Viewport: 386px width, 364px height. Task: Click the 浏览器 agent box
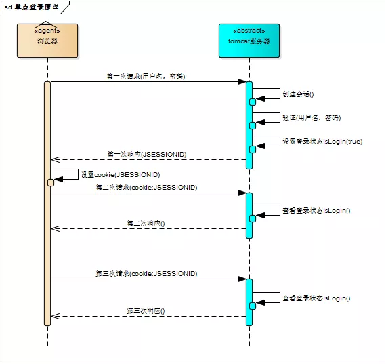[x=47, y=40]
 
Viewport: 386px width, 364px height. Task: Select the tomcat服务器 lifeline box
[x=249, y=40]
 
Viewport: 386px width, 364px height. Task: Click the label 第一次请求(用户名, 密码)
[x=146, y=77]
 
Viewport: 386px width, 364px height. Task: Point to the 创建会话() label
[x=298, y=94]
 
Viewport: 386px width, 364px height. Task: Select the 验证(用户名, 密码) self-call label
[x=311, y=117]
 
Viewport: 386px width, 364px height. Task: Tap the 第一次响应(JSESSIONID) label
[x=146, y=155]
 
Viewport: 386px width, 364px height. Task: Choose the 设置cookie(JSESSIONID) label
[x=121, y=174]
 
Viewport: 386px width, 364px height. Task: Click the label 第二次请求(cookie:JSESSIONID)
[x=146, y=187]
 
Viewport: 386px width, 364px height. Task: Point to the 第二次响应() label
[x=146, y=223]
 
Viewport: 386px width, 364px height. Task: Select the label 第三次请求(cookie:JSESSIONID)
[x=146, y=273]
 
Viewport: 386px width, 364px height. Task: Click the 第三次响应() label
[x=146, y=310]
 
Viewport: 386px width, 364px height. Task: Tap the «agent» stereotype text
[x=47, y=31]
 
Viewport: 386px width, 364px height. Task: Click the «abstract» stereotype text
[x=249, y=31]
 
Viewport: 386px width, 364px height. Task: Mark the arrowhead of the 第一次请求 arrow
[x=242, y=82]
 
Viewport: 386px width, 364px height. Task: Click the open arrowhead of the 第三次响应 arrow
[x=55, y=316]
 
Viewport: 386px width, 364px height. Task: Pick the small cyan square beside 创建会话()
[x=253, y=102]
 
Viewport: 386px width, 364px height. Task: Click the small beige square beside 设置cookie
[x=51, y=182]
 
